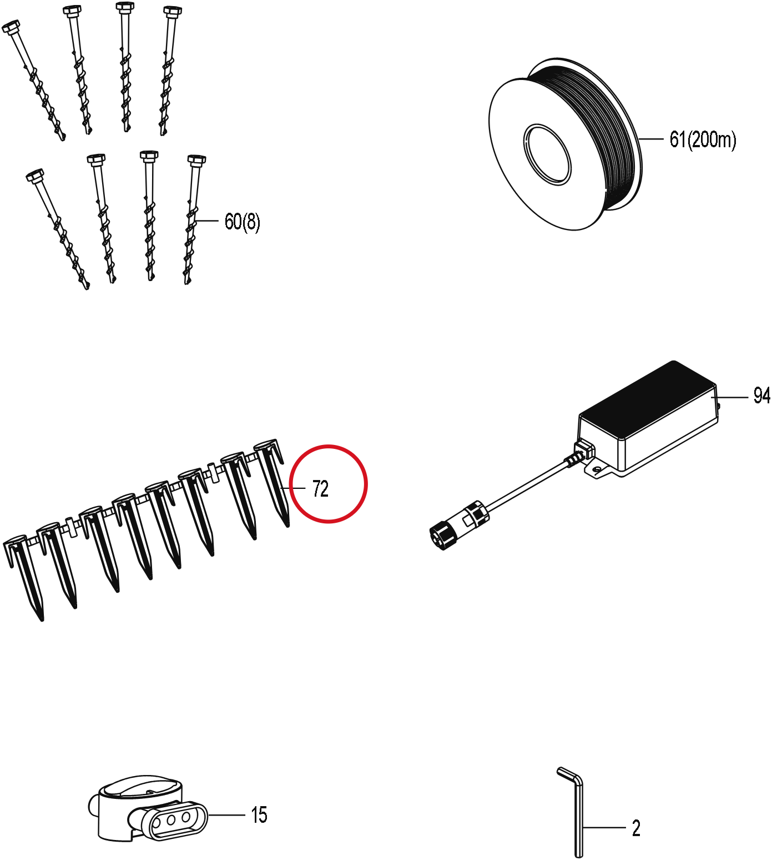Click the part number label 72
(320, 488)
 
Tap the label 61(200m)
(703, 139)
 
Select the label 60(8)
(242, 222)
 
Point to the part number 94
(761, 396)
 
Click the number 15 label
(259, 815)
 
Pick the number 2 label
(636, 828)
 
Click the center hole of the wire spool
(547, 154)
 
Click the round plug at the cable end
(442, 536)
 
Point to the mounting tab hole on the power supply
(597, 469)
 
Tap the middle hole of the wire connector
(171, 819)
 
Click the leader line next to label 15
(226, 815)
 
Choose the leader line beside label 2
(604, 828)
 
